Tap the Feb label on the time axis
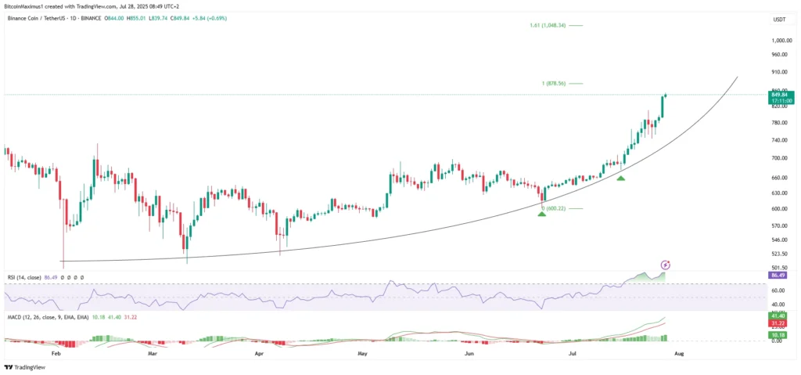click(x=56, y=353)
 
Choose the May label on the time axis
click(x=361, y=353)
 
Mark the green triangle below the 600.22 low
click(x=541, y=214)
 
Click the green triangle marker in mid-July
click(x=620, y=178)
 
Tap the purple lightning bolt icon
click(x=666, y=265)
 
